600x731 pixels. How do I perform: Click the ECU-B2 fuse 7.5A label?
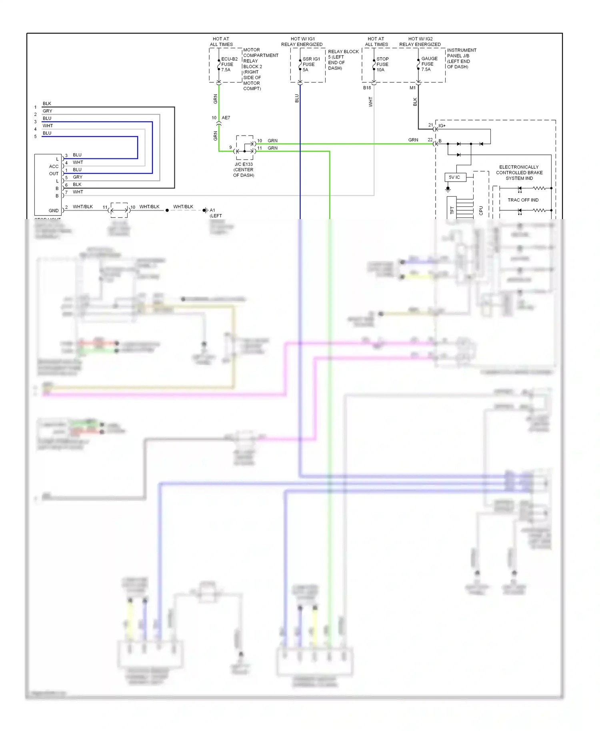coord(229,64)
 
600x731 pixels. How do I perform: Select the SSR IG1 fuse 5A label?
coord(311,64)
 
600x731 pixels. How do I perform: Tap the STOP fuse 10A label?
coord(382,64)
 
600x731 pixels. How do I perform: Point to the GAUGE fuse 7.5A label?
coord(429,64)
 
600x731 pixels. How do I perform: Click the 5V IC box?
coord(455,177)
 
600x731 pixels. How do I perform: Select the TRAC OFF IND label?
coord(523,200)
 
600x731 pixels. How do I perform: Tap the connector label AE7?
coord(226,118)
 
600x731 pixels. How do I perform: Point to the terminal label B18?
coord(367,88)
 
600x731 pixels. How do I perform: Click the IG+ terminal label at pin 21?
coord(442,126)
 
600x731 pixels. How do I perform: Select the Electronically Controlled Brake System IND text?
coord(519,172)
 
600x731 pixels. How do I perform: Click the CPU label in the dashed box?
coord(481,210)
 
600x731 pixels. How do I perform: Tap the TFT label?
coord(452,210)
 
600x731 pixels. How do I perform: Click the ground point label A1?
coord(212,210)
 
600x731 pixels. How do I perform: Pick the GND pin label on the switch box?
coord(54,210)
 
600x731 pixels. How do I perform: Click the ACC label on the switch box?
coord(54,166)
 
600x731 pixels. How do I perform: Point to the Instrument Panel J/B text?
coord(461,58)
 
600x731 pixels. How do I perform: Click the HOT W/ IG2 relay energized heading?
coord(420,42)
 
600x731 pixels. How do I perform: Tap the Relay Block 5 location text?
coord(343,60)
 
